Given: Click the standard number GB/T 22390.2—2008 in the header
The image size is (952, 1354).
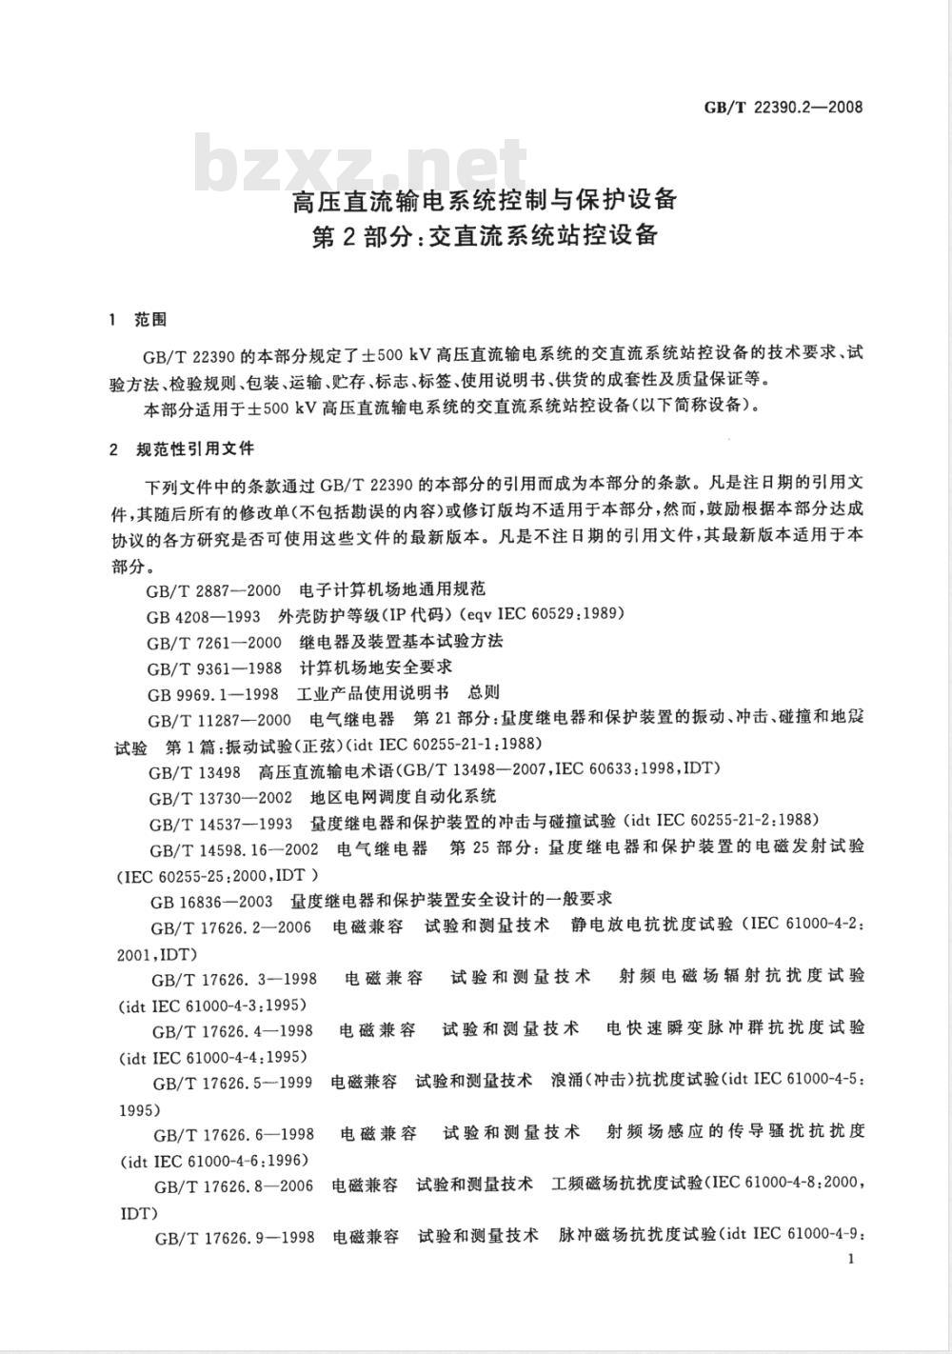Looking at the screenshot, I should [x=783, y=107].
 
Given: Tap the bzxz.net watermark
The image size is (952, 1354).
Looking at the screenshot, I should [x=362, y=164].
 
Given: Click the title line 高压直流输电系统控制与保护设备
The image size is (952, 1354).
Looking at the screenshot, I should [x=485, y=201].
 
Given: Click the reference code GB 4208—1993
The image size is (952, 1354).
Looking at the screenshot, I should [x=204, y=616].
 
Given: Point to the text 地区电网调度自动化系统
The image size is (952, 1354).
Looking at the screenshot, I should [x=404, y=795].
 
